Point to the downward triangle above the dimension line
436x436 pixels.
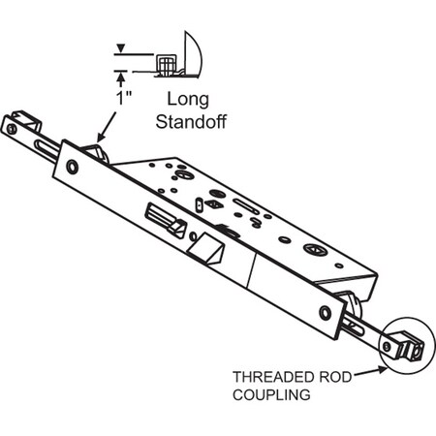click(x=119, y=47)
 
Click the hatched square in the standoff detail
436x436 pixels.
click(x=167, y=65)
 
